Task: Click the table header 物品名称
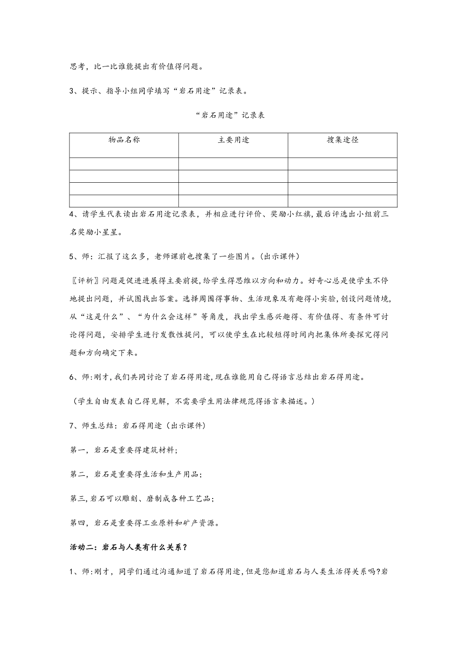point(124,140)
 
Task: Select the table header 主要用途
point(233,140)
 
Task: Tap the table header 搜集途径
point(343,140)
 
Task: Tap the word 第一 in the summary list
point(78,450)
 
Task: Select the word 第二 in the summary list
point(78,474)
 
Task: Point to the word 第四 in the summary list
point(78,523)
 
